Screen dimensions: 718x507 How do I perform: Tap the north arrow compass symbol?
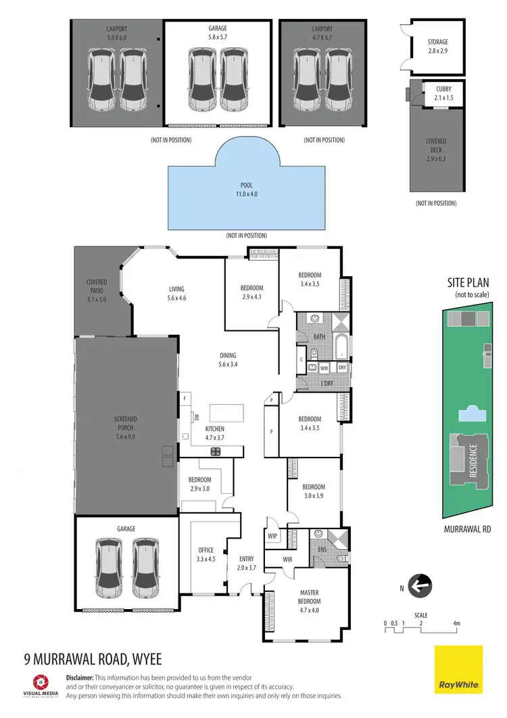point(420,584)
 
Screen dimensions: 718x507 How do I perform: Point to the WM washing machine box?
point(324,368)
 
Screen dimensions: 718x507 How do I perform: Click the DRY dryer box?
point(342,368)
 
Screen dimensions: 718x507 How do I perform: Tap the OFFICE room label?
point(206,554)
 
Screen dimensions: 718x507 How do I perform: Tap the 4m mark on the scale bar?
point(457,623)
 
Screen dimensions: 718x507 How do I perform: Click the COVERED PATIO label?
point(97,290)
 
